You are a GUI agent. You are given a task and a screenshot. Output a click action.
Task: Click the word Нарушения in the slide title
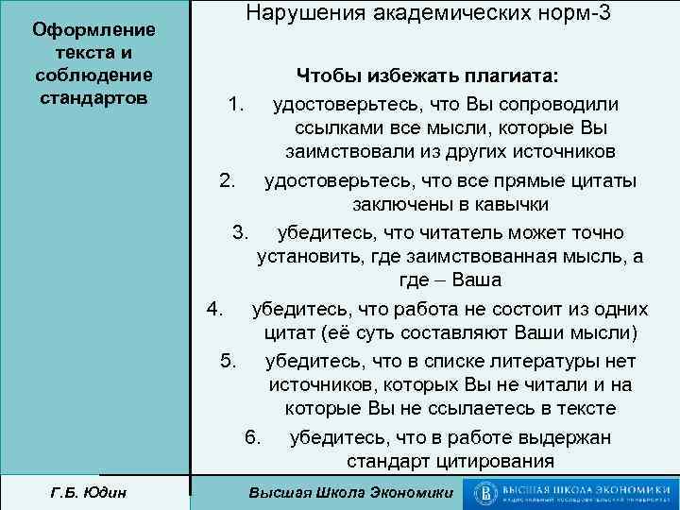297,13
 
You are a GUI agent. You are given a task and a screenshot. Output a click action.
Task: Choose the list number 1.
236,102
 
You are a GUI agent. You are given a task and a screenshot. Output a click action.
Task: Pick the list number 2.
227,179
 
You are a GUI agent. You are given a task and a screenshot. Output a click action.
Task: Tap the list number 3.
241,231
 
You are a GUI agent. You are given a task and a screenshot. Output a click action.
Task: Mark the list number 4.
214,309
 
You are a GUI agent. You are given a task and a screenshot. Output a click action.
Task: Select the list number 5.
229,360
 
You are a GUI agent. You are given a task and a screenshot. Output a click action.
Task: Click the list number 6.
252,436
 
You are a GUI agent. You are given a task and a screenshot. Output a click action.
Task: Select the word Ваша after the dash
476,281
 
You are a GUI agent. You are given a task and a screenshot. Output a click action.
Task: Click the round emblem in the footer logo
487,492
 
